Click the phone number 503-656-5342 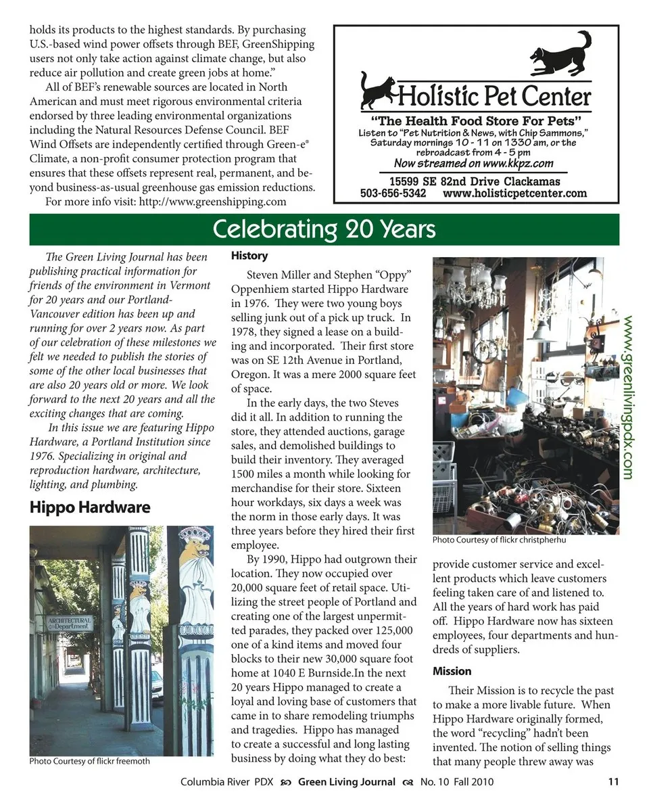(393, 193)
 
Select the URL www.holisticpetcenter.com (514, 193)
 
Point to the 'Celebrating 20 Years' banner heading (324, 229)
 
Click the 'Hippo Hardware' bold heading (89, 507)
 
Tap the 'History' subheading (249, 256)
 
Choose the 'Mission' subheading (452, 671)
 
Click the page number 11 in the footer (613, 782)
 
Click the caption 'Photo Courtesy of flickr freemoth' (89, 761)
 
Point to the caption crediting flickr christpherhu (499, 540)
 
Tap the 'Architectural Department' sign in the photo (69, 623)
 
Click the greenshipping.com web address (212, 202)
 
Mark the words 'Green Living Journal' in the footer (347, 782)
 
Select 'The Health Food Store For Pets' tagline (476, 121)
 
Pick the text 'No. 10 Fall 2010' (457, 782)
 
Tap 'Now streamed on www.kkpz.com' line (473, 163)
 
